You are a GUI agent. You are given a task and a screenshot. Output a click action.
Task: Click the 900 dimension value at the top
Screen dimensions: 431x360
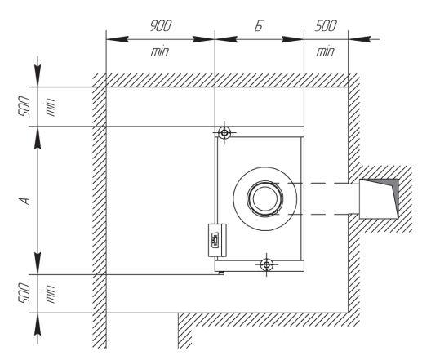click(x=161, y=25)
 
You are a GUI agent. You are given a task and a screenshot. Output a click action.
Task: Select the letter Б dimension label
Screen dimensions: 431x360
click(x=259, y=26)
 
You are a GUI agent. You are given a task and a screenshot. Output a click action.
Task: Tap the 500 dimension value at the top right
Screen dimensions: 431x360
click(x=326, y=25)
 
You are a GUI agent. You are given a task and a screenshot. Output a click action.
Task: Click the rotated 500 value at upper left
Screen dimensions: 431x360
click(x=24, y=107)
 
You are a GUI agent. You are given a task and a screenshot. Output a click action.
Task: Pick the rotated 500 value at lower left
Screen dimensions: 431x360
click(x=24, y=294)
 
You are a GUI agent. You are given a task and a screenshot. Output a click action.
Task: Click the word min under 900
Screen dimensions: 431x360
click(x=160, y=51)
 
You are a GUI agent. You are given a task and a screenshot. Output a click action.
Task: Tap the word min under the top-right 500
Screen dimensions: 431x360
click(x=325, y=51)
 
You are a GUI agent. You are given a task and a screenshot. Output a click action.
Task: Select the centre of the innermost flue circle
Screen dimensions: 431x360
click(x=265, y=198)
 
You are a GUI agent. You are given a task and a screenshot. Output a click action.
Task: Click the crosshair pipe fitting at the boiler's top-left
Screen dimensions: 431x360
click(x=224, y=133)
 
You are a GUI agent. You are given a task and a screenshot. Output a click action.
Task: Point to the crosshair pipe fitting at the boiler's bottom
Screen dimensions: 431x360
click(x=266, y=264)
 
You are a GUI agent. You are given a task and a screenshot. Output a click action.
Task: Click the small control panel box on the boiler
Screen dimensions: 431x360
click(x=217, y=240)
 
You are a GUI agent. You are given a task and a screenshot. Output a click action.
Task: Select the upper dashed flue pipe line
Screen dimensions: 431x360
click(x=312, y=183)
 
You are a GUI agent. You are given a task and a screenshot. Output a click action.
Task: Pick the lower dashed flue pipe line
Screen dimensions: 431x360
click(x=312, y=215)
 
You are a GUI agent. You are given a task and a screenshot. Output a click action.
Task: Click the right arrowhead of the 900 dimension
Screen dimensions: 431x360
click(x=203, y=39)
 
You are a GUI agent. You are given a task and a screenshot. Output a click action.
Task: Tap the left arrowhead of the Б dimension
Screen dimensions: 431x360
click(x=226, y=39)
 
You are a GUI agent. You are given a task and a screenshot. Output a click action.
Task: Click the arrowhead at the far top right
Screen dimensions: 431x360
click(x=360, y=39)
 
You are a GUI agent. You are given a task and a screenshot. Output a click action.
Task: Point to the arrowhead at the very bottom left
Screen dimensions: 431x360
click(x=38, y=325)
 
